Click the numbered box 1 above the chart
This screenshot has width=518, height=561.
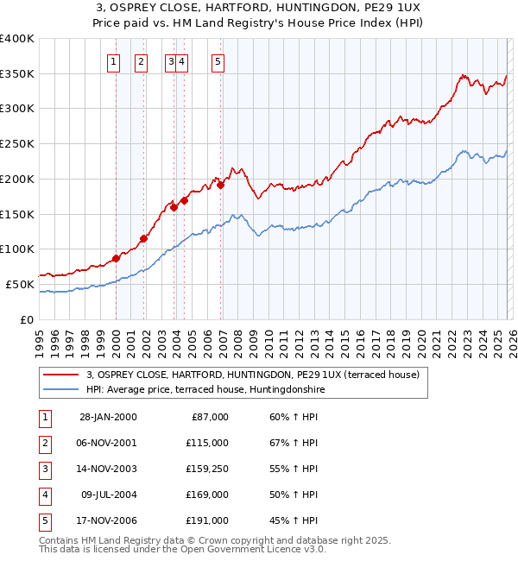(x=114, y=61)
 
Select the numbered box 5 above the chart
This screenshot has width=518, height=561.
(x=218, y=61)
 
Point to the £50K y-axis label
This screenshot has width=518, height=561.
(x=20, y=284)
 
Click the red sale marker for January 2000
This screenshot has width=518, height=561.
(x=116, y=257)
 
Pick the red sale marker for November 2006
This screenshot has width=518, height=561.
(x=221, y=184)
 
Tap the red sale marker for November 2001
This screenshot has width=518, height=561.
(x=143, y=238)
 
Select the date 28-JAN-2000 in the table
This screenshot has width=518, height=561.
(x=108, y=417)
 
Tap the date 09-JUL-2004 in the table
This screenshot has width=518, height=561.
(x=109, y=495)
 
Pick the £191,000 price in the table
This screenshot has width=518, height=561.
(x=208, y=520)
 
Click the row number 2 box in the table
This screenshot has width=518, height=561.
(x=43, y=443)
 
